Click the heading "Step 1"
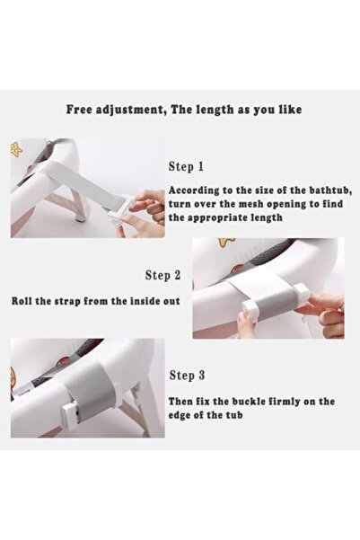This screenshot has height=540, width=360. click(x=186, y=167)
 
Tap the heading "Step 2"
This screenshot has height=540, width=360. click(x=162, y=275)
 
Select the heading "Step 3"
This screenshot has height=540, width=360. click(x=188, y=375)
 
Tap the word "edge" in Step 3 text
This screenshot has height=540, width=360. click(x=179, y=415)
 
